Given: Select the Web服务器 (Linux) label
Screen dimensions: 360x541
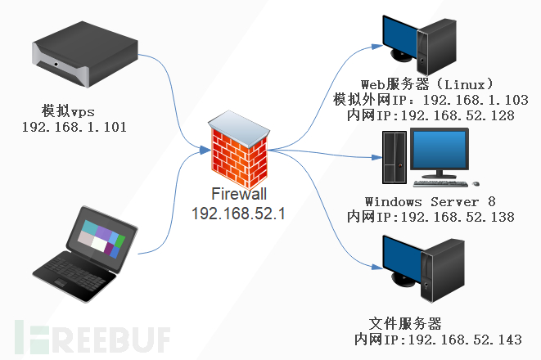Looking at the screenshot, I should click(x=427, y=84).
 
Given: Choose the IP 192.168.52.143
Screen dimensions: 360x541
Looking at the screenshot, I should click(x=458, y=339).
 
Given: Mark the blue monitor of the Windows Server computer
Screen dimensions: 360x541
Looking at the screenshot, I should click(x=443, y=151).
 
